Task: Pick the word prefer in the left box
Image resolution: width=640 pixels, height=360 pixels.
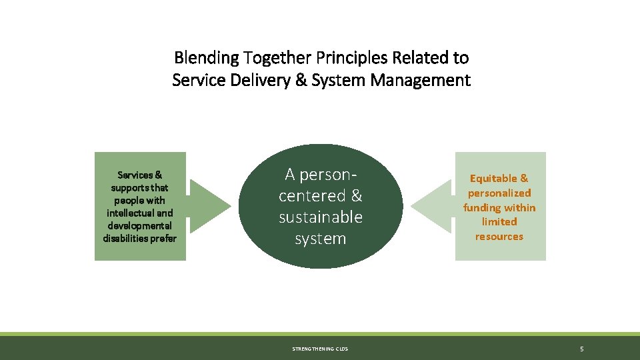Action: click(163, 238)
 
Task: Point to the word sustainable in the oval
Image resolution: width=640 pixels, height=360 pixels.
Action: click(321, 217)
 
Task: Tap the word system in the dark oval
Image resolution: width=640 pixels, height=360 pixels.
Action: click(321, 238)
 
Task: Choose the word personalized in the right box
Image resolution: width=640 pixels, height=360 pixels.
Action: click(499, 193)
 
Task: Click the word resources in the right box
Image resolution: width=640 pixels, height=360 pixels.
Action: click(499, 236)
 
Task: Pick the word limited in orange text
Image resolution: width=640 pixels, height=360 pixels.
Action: click(499, 221)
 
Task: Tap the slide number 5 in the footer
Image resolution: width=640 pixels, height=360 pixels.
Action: click(582, 349)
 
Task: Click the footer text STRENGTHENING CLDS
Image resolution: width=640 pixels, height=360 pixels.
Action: click(320, 349)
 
